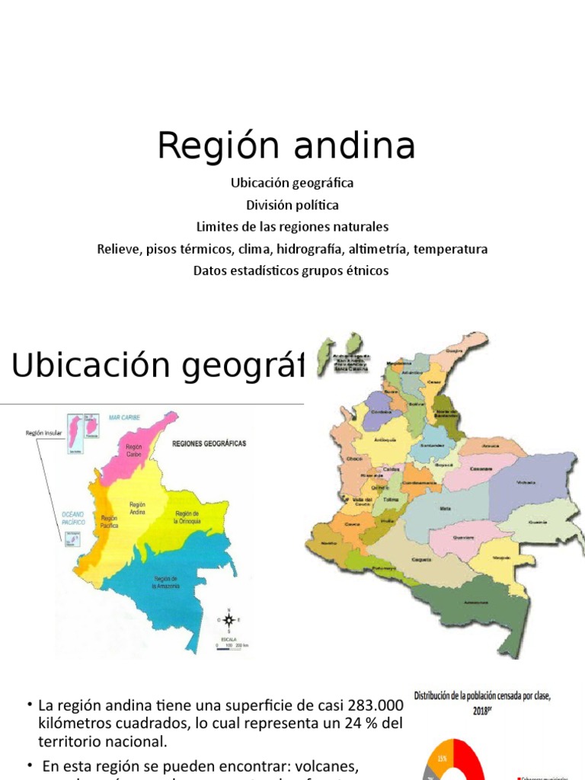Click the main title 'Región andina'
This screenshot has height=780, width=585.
pos(286,145)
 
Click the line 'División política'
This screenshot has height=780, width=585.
pos(292,205)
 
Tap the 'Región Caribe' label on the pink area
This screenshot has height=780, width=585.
pos(135,450)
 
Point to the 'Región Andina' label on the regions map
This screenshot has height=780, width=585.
pos(137,508)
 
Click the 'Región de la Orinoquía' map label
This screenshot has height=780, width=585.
pos(187,517)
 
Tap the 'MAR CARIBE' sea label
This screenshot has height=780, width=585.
pos(126,418)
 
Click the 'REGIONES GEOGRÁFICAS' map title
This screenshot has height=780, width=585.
pos(209,443)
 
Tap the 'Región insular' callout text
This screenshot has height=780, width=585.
pos(43,433)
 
